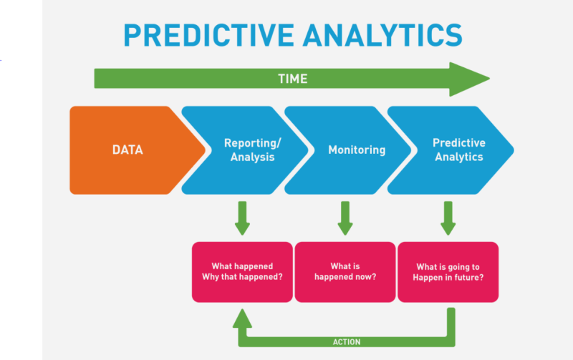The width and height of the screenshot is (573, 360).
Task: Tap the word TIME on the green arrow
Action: point(292,79)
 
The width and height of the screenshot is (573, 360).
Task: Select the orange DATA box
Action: point(129,150)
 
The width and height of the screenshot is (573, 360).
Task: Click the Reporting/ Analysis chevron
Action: point(247,150)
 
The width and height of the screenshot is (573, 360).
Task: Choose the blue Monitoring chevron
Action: point(351,150)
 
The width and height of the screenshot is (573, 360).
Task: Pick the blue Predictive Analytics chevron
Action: point(455,150)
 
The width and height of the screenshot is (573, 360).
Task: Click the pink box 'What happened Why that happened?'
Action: point(242,271)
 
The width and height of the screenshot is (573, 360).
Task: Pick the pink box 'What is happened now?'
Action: point(345,271)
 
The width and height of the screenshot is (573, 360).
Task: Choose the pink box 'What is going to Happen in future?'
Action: point(448,271)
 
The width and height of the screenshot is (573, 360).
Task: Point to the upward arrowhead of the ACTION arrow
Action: point(242,316)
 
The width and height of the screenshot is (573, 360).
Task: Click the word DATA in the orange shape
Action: point(127,150)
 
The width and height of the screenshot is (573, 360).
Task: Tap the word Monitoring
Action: point(357,150)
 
